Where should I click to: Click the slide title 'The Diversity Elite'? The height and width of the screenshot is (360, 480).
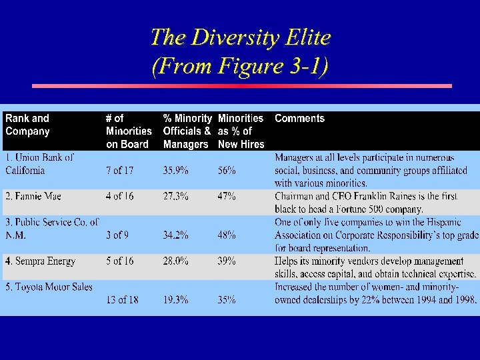tap(240, 37)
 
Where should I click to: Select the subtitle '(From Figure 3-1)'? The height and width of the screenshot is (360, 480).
tap(240, 66)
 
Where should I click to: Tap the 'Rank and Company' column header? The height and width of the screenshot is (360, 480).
tap(28, 125)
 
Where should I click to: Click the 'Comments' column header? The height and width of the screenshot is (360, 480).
tap(299, 119)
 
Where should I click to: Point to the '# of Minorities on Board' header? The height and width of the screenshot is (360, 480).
tap(129, 131)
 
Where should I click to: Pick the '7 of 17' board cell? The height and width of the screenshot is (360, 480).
tap(119, 171)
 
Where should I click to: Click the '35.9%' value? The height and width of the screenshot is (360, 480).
tap(176, 171)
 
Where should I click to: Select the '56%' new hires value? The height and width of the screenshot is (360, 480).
tap(227, 171)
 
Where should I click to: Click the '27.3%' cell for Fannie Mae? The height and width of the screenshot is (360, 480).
tap(176, 197)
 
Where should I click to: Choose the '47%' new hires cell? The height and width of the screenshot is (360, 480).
tap(227, 197)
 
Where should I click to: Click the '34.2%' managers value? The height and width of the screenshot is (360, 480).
tap(176, 235)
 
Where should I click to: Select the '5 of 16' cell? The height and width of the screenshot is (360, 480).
tap(119, 261)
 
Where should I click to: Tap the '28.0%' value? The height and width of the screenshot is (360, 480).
tap(176, 261)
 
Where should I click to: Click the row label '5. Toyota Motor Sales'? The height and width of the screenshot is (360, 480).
tap(49, 287)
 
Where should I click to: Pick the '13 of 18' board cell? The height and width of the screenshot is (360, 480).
tap(122, 300)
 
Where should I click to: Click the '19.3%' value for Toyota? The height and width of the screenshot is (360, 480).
tap(176, 300)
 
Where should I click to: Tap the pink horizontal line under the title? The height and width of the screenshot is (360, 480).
tap(242, 86)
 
